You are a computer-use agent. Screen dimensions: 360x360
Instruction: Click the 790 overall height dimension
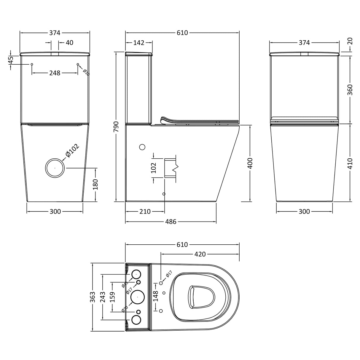click(x=116, y=127)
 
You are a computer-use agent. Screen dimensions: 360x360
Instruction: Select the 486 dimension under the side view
click(x=171, y=222)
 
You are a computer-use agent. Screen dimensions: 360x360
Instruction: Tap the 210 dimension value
click(x=145, y=211)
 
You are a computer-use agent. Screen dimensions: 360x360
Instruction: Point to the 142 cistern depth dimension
click(x=138, y=43)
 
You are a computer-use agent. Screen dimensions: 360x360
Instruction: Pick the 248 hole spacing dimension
click(x=55, y=73)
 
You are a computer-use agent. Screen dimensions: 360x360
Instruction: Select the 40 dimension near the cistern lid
click(x=69, y=43)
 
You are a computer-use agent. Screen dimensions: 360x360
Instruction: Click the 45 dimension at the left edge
click(x=11, y=60)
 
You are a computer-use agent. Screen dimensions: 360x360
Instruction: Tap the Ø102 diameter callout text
click(x=72, y=151)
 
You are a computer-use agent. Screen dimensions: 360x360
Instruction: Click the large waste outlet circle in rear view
click(x=55, y=168)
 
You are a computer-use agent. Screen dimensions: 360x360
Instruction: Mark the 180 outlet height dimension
click(x=95, y=185)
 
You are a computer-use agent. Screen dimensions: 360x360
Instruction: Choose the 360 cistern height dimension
click(x=350, y=90)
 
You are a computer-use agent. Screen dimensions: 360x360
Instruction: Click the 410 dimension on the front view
click(x=350, y=163)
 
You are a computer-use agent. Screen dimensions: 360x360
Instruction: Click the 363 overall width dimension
click(x=93, y=297)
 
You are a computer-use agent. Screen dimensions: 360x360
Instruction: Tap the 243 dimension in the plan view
click(x=102, y=297)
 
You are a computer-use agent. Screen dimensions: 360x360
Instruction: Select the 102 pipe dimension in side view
click(x=154, y=168)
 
